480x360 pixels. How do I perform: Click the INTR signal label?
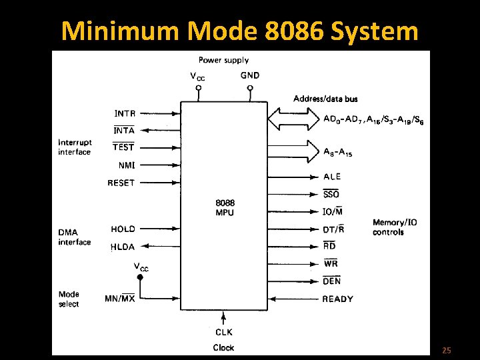(x=125, y=113)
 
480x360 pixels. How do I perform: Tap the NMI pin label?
(x=127, y=165)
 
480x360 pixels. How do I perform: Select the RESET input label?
(x=121, y=183)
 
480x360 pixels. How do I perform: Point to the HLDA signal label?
(x=123, y=247)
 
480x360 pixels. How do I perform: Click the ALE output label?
(x=332, y=177)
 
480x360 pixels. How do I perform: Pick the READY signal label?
(x=337, y=299)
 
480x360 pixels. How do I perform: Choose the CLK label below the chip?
(x=224, y=332)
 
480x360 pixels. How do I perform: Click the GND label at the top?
(x=250, y=75)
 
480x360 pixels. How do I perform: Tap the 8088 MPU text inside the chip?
(x=225, y=207)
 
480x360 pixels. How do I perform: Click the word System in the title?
(x=374, y=31)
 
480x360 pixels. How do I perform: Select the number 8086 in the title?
(x=294, y=31)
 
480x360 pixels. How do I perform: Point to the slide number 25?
(x=446, y=350)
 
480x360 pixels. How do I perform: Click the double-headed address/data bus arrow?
(x=293, y=119)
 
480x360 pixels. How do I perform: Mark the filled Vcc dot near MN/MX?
(x=140, y=277)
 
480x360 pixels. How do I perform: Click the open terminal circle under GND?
(x=250, y=88)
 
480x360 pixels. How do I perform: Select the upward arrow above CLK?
(x=224, y=318)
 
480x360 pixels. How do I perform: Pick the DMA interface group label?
(x=75, y=237)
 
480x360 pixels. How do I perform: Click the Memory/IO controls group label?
(x=395, y=227)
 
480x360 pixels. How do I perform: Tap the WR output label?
(x=331, y=263)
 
